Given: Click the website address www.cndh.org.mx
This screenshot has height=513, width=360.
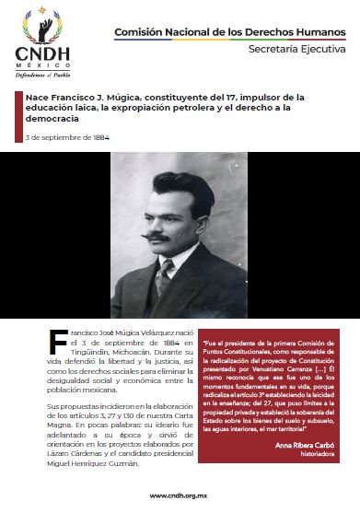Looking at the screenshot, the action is click(x=180, y=495).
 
